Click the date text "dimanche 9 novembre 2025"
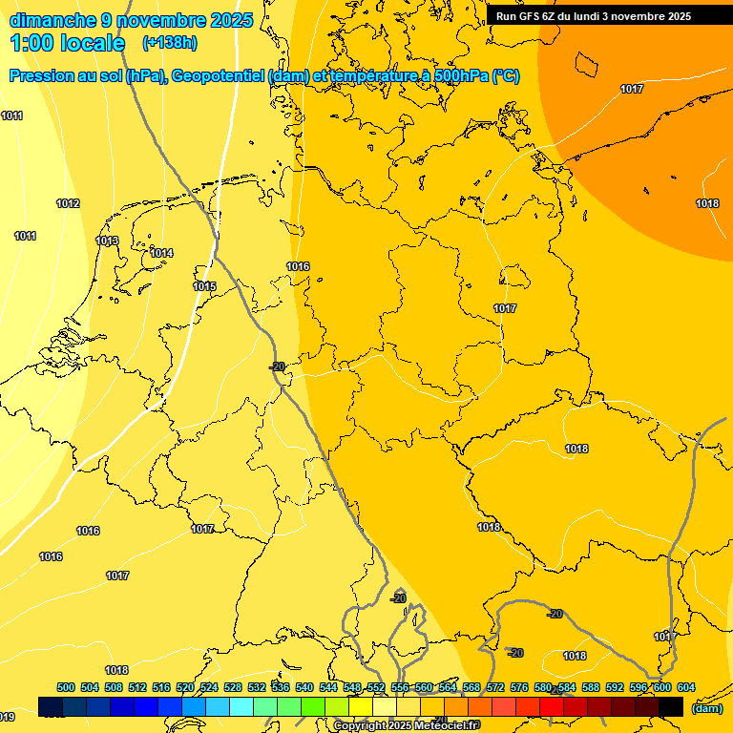(131, 20)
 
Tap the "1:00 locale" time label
(68, 43)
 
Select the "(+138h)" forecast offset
(169, 43)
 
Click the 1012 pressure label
(68, 203)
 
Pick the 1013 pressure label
(108, 241)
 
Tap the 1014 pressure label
(161, 253)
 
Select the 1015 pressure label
(204, 286)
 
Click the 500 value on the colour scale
(66, 687)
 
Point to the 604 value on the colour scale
(685, 687)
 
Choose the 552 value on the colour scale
(376, 687)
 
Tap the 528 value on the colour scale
(233, 687)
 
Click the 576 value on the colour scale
(519, 687)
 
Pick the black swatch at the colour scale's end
(671, 706)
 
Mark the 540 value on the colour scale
(304, 687)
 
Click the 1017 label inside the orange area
(632, 89)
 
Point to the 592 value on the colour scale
(615, 687)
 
